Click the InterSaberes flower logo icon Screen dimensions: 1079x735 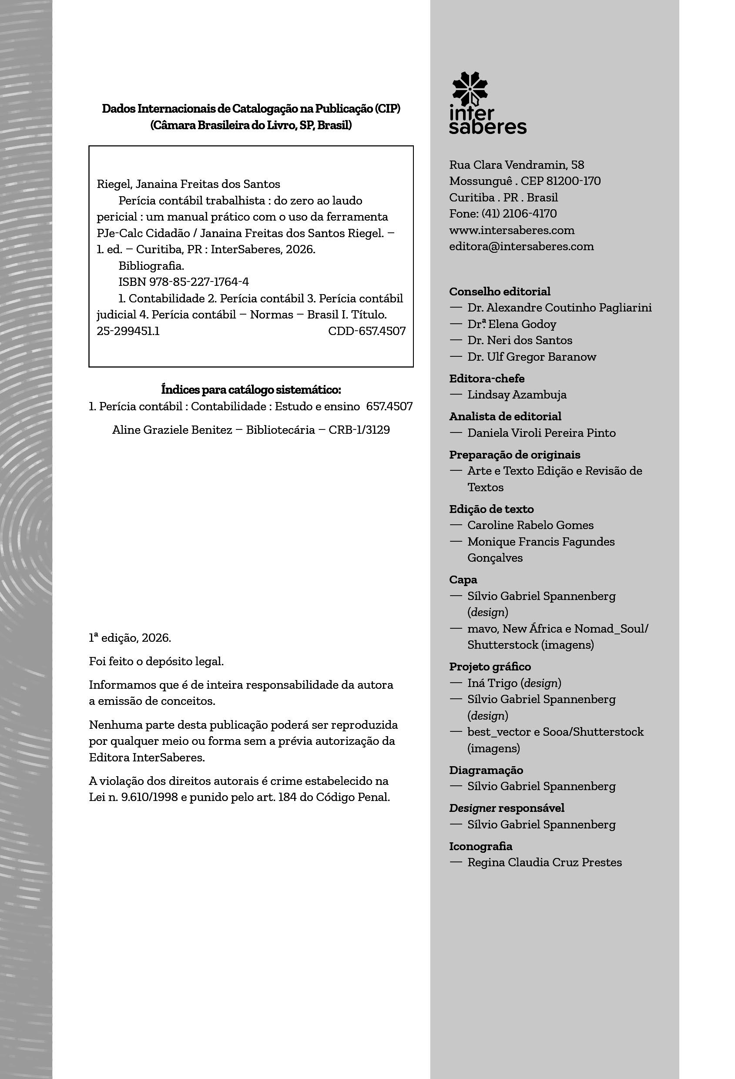pos(470,89)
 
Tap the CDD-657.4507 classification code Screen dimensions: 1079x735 pos(367,331)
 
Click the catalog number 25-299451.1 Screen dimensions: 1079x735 pos(128,331)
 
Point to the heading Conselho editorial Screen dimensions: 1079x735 pos(500,292)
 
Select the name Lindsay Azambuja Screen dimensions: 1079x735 pos(517,395)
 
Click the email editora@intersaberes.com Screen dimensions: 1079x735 pos(521,246)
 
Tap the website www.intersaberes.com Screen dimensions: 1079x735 pos(512,230)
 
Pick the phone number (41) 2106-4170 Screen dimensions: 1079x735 pos(519,214)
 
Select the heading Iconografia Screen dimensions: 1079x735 pos(480,846)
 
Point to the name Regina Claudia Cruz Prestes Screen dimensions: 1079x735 pos(544,862)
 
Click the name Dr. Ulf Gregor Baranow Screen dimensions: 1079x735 pos(532,357)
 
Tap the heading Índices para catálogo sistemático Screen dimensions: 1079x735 pos(251,389)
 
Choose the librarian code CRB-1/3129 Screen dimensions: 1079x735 pos(359,430)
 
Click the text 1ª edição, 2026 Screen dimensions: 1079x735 pos(130,638)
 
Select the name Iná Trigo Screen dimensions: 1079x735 pos(492,683)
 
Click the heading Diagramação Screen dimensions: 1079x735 pos(486,770)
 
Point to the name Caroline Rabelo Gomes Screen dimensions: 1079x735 pos(530,525)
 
